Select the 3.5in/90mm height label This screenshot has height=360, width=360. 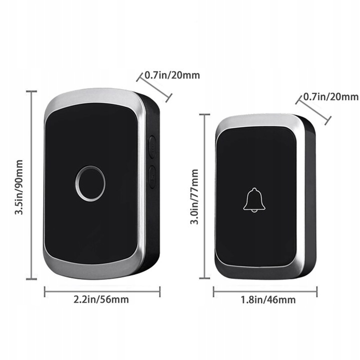19,186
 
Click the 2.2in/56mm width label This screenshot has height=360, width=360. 101,300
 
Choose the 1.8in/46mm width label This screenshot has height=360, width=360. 267,300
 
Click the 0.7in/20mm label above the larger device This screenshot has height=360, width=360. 172,75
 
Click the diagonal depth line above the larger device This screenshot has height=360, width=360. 154,86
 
